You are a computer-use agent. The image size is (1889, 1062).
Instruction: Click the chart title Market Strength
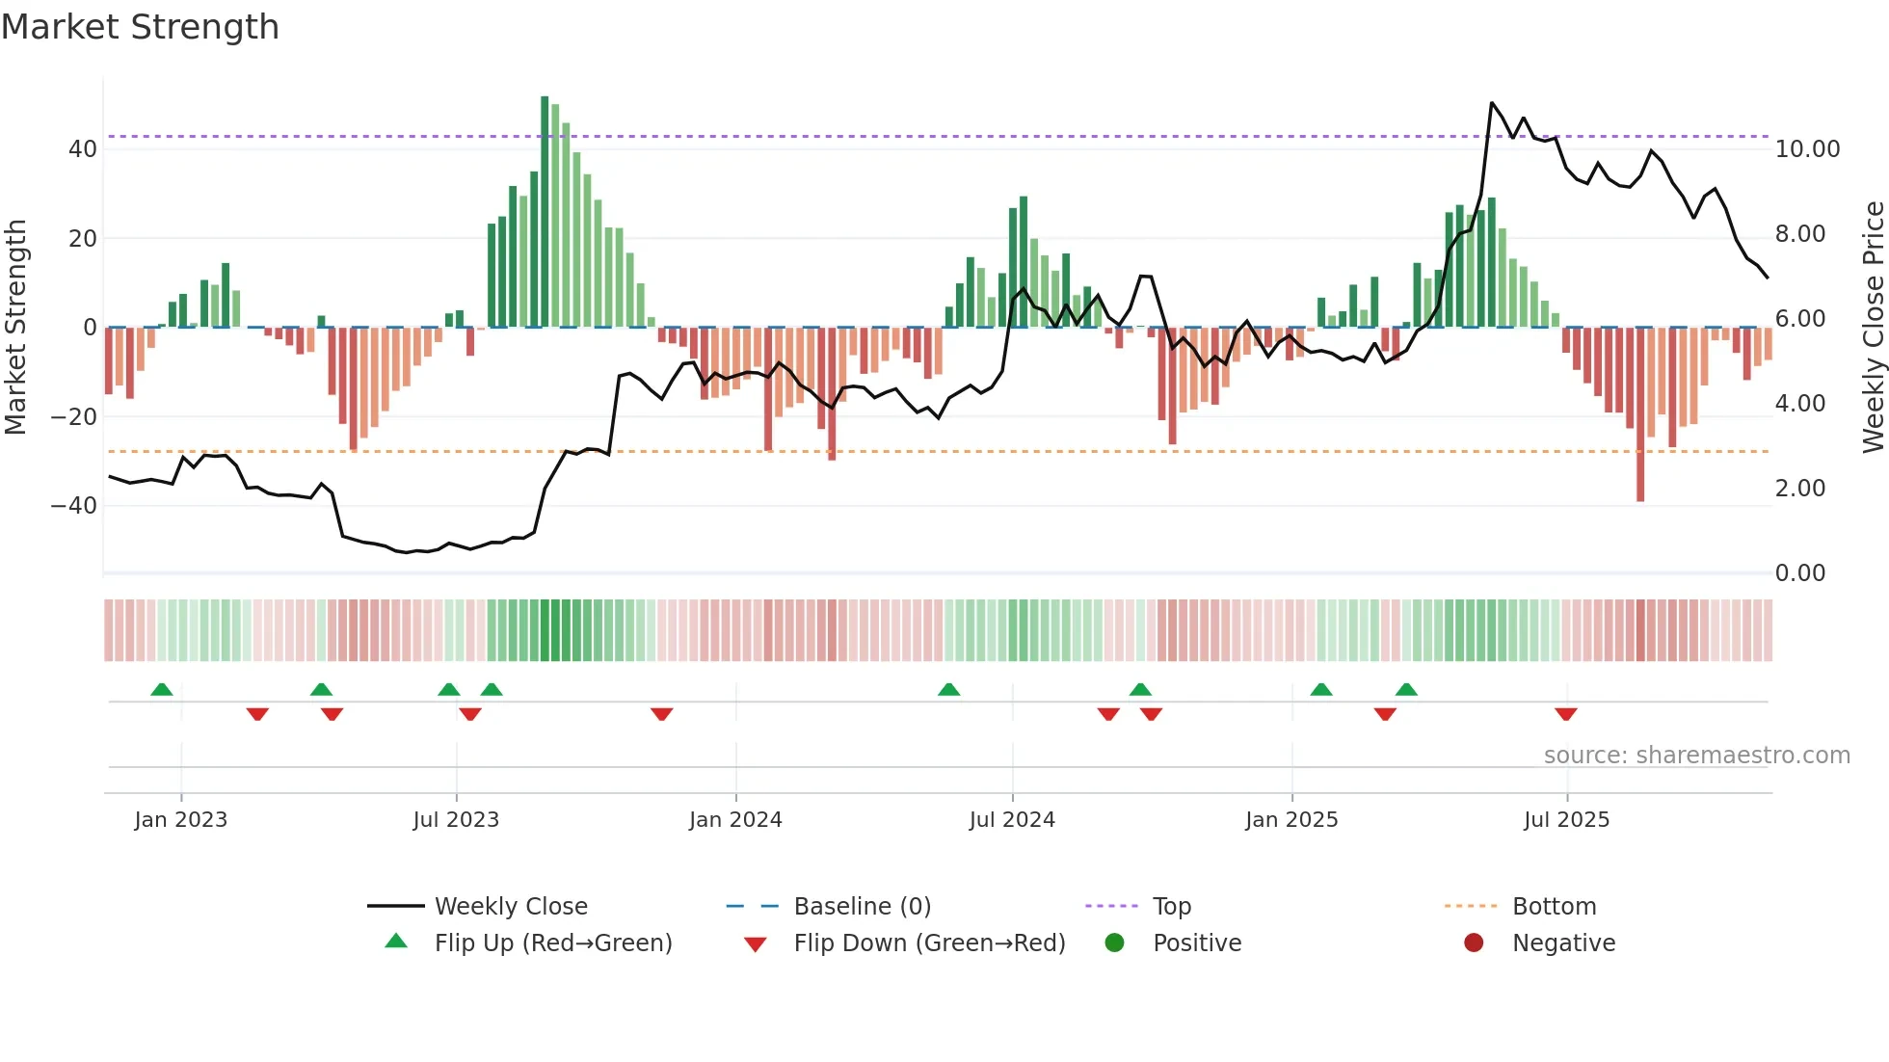click(x=140, y=27)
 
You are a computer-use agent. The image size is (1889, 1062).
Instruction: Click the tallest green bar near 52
click(x=545, y=212)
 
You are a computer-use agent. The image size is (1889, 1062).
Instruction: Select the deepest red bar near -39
click(x=1640, y=414)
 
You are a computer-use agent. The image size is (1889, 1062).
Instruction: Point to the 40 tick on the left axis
click(x=83, y=149)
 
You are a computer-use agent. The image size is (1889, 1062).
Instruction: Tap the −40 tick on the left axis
click(x=74, y=506)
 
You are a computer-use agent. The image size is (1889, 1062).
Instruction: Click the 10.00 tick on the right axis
click(x=1807, y=149)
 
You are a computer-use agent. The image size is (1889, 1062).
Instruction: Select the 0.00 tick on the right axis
click(x=1799, y=573)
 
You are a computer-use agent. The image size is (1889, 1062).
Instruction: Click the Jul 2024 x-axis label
click(x=1012, y=820)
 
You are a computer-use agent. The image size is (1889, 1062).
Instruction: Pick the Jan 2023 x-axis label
click(x=181, y=820)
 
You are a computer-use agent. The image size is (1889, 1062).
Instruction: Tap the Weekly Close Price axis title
click(x=1873, y=328)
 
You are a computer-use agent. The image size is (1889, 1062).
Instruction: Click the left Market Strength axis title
click(x=15, y=328)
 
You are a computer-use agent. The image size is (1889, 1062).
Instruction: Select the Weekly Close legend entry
click(x=510, y=907)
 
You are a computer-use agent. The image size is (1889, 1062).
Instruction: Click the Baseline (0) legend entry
click(x=862, y=907)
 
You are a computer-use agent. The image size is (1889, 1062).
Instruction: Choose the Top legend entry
click(x=1171, y=907)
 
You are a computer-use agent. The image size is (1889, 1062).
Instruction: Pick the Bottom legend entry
click(x=1554, y=907)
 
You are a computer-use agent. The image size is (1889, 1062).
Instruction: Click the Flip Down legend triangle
click(x=756, y=944)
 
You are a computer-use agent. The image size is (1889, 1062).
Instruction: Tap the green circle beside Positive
click(x=1114, y=943)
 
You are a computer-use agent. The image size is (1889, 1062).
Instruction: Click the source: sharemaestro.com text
click(x=1696, y=756)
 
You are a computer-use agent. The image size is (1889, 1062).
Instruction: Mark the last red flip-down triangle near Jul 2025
click(x=1565, y=714)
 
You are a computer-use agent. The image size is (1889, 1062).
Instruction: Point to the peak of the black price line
click(x=1491, y=102)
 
